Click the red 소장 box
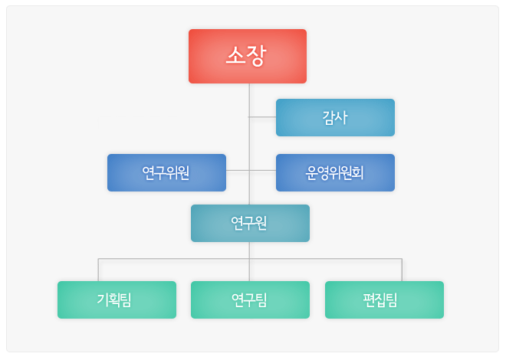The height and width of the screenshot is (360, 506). [x=248, y=57]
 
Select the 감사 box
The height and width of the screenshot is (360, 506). [x=335, y=118]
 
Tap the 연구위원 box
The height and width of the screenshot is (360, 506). [x=166, y=173]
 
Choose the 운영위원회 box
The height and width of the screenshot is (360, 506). [x=335, y=173]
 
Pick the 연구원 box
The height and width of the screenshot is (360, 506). [x=250, y=223]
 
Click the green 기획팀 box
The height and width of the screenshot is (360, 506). [x=117, y=299]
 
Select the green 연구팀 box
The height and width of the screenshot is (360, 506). [x=250, y=299]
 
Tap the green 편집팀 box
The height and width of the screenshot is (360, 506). [x=384, y=299]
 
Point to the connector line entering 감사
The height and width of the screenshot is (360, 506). [x=262, y=117]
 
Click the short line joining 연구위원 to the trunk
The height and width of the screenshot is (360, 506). [x=238, y=171]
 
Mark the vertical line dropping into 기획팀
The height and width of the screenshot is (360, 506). [x=98, y=270]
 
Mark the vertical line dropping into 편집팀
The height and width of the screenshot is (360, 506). [x=402, y=270]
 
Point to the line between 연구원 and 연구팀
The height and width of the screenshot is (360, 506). [x=249, y=261]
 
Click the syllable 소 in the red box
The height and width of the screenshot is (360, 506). [x=235, y=55]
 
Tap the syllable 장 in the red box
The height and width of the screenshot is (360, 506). [x=257, y=56]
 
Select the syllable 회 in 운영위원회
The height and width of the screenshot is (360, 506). [x=358, y=173]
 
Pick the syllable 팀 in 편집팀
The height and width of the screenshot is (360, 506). [x=392, y=300]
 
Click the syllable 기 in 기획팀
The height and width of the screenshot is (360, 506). [x=102, y=299]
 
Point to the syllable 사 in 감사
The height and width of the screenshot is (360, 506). [x=341, y=117]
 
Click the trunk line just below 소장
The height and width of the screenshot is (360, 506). [x=249, y=100]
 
